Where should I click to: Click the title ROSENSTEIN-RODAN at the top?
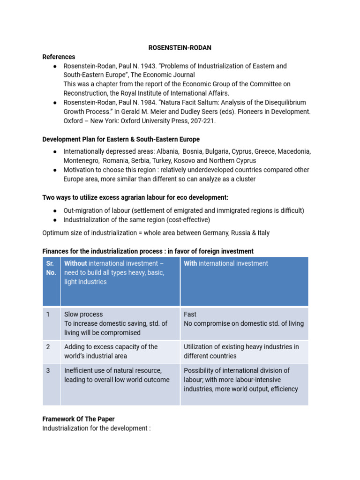tap(180, 47)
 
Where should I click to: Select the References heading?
tap(59, 57)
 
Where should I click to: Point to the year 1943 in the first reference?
tap(147, 66)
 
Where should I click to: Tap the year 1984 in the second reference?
tap(147, 103)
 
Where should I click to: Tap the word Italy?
tap(261, 233)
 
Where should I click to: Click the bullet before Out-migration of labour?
tap(55, 211)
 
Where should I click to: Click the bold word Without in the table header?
tap(75, 263)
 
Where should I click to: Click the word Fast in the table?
tap(190, 314)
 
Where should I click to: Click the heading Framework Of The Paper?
tap(78, 419)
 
